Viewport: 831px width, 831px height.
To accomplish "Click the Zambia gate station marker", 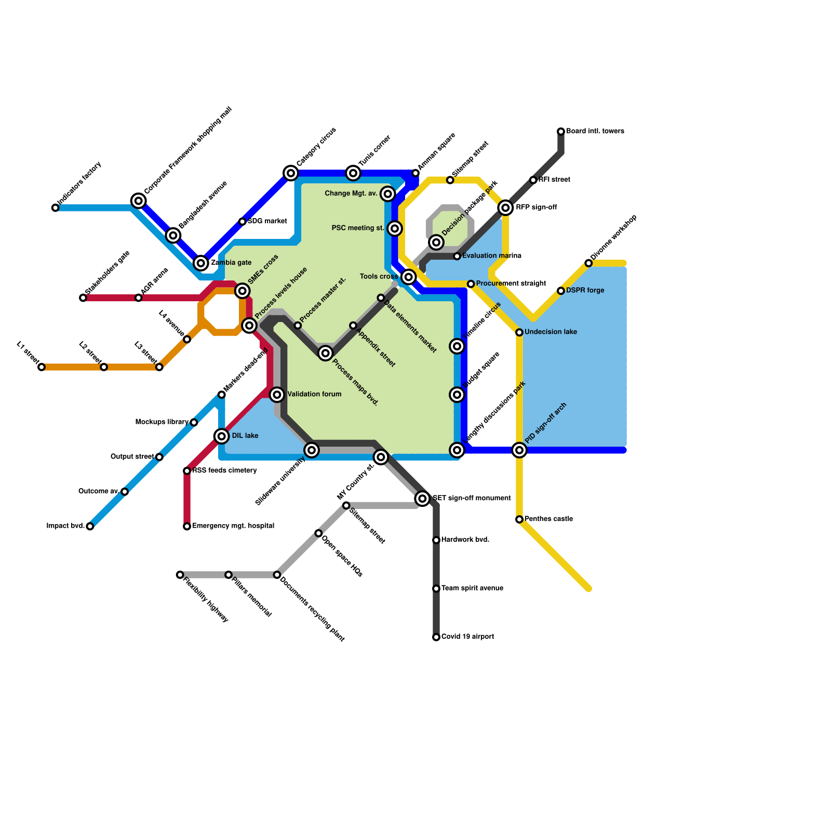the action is (201, 263).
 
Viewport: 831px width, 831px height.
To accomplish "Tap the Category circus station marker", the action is (291, 173).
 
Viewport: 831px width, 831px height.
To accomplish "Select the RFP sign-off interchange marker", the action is (505, 208).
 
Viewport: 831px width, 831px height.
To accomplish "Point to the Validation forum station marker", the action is (277, 395).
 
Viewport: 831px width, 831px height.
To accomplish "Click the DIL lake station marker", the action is (222, 436).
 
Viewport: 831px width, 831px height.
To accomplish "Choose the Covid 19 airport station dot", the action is (436, 637).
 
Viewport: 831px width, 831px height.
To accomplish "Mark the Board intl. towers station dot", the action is (561, 131).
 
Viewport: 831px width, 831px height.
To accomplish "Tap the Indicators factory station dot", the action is (56, 208).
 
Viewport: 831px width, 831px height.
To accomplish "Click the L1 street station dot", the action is (42, 367).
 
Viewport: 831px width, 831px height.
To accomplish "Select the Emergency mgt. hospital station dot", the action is (187, 527).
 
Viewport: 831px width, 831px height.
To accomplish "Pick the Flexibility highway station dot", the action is (180, 575).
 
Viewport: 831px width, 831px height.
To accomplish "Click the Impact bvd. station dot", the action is (90, 527).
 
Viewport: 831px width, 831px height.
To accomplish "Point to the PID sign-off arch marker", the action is (519, 450).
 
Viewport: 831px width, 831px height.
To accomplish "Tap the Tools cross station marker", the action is (409, 277).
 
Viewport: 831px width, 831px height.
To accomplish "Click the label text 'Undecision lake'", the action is (551, 332).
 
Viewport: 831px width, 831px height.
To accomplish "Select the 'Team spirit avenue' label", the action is (472, 588).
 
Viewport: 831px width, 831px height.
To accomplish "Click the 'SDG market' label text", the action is (267, 221).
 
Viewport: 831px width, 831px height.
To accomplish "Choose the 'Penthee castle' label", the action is (548, 519).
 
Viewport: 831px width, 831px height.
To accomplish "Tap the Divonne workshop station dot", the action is (588, 263).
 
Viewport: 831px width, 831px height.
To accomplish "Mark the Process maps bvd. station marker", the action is (326, 353).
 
